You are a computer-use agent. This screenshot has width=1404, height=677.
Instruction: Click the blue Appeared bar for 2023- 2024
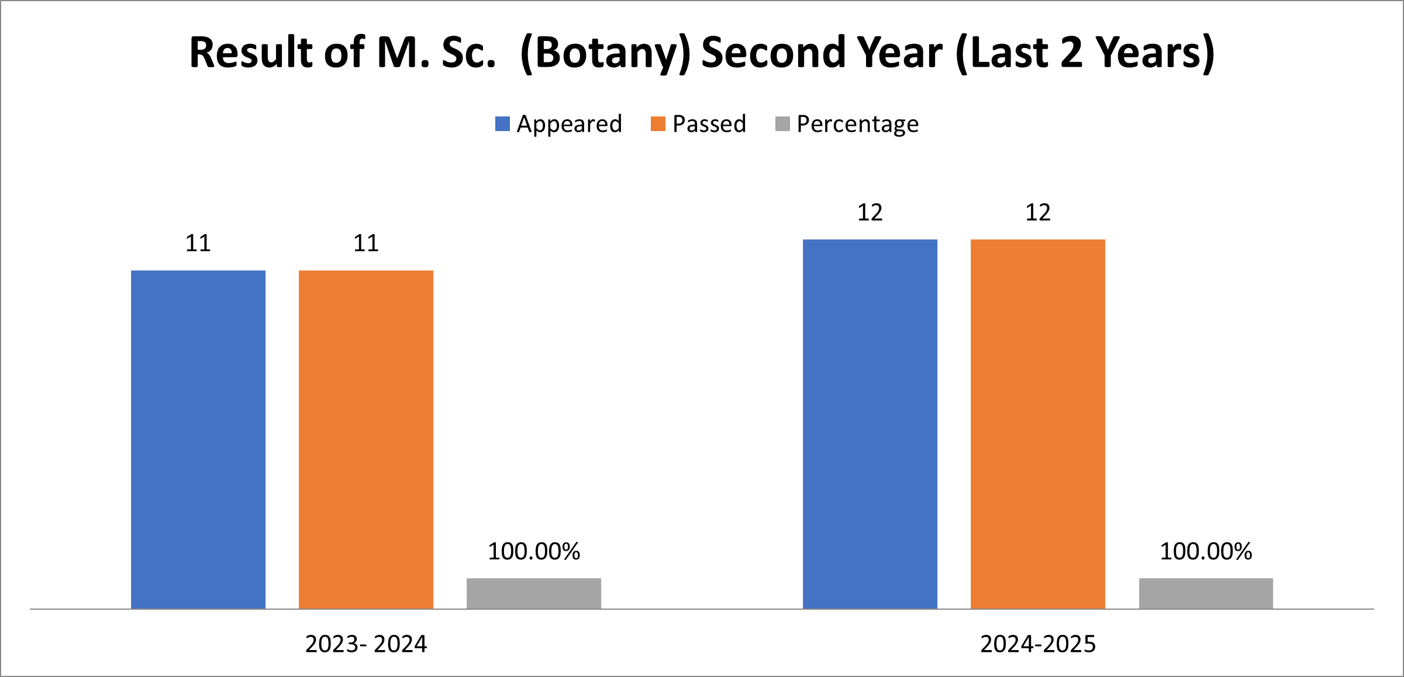[x=198, y=439]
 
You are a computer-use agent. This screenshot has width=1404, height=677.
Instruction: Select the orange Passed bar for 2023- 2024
[x=365, y=439]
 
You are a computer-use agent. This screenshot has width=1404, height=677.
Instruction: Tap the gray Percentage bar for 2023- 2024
[x=533, y=593]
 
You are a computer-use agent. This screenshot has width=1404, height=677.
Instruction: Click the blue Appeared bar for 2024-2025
[x=870, y=424]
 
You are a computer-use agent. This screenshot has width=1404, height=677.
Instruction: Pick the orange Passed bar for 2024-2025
[x=1037, y=424]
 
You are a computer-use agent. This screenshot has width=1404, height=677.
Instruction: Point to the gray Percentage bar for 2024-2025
[x=1205, y=593]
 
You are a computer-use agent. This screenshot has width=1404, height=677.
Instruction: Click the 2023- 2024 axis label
[x=366, y=644]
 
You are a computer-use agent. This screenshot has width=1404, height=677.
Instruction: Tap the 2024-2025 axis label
[x=1038, y=644]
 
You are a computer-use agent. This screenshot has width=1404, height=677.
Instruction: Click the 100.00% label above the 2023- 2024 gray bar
[x=533, y=552]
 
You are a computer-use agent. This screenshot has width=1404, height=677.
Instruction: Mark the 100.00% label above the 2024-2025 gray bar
[x=1205, y=552]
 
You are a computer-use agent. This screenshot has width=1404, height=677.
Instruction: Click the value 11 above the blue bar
[x=198, y=243]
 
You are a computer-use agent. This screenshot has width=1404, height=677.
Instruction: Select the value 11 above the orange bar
[x=365, y=243]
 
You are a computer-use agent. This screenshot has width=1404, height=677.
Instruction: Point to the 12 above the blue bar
[x=870, y=212]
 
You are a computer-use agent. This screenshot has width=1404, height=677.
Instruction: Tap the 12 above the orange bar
[x=1037, y=212]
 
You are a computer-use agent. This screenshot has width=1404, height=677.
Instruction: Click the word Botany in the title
[x=605, y=53]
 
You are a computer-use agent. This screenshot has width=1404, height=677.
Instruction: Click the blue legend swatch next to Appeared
[x=502, y=124]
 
